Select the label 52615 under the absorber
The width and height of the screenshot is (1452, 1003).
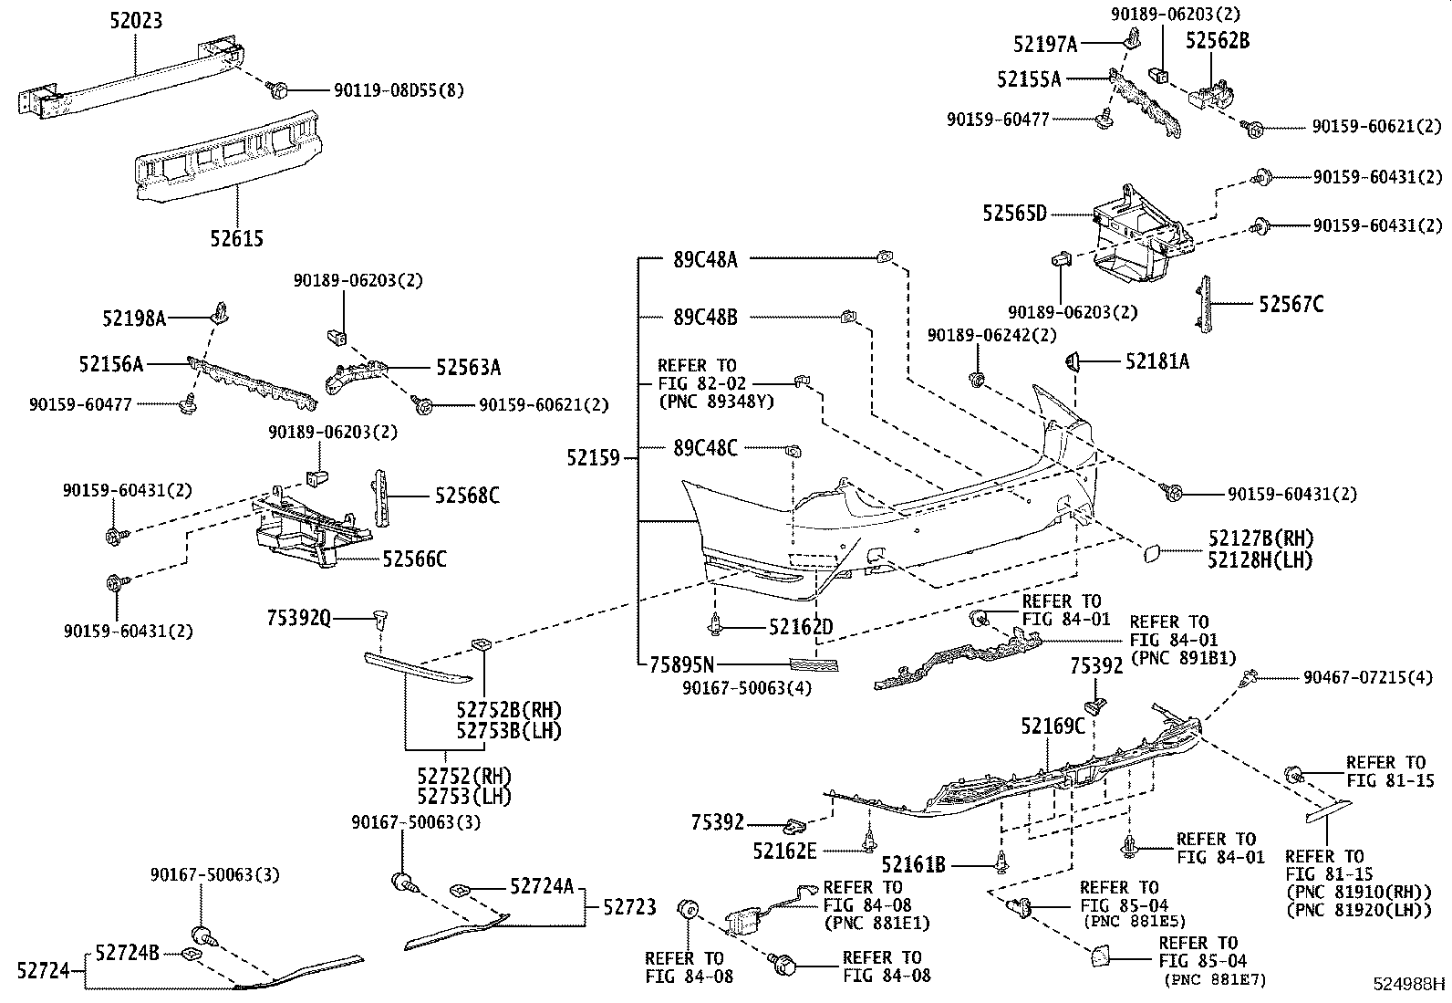(x=236, y=239)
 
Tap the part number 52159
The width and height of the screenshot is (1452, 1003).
(x=594, y=458)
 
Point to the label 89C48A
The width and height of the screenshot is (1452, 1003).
(x=705, y=260)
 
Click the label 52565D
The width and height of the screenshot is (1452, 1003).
(x=1014, y=214)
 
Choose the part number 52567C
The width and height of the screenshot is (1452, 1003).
(x=1291, y=305)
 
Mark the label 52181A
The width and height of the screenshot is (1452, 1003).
(x=1156, y=362)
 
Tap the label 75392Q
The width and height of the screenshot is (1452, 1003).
(x=299, y=619)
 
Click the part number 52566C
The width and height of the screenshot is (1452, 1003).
(x=414, y=559)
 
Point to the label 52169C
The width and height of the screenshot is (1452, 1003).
(x=1053, y=726)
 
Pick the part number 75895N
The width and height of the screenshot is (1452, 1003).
(x=682, y=664)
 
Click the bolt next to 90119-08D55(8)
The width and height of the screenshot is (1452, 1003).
(x=279, y=89)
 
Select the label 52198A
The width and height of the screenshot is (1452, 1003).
(x=134, y=318)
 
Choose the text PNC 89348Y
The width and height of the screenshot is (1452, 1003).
(x=716, y=402)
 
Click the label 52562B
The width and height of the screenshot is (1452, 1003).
(x=1217, y=41)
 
